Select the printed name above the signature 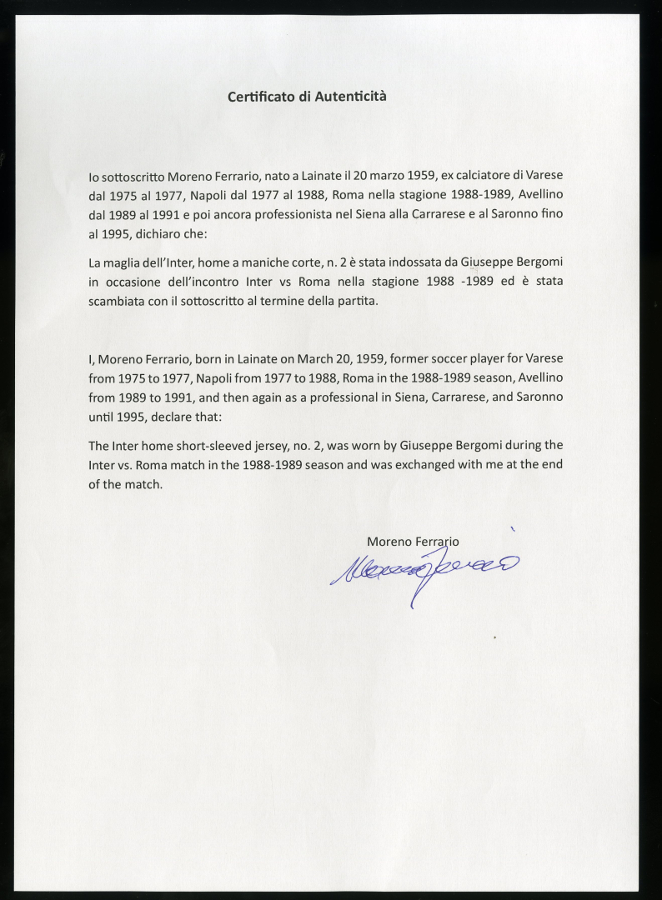tap(413, 542)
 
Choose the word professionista tap(272, 215)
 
